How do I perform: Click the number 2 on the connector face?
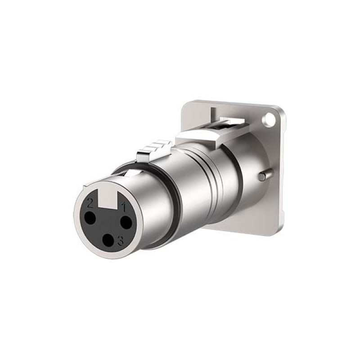tap(90, 203)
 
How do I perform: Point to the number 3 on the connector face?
tap(121, 241)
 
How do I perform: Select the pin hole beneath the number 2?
tap(90, 218)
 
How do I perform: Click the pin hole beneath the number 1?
tap(126, 222)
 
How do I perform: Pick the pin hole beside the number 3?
tap(108, 240)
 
